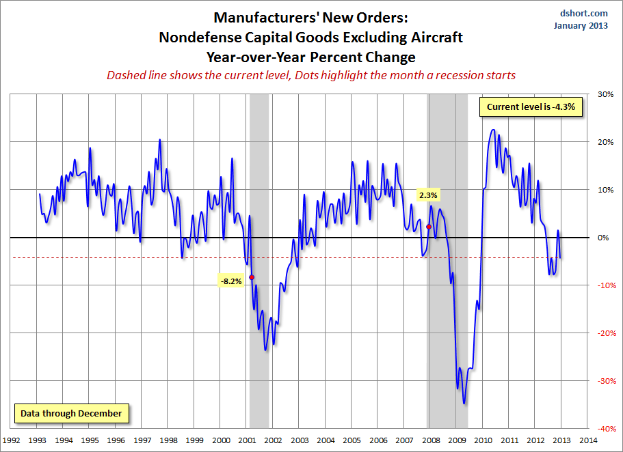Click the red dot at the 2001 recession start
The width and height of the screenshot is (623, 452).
tap(252, 277)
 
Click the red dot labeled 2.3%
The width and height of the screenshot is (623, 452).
tap(429, 227)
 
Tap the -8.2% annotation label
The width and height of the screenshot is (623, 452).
tap(231, 281)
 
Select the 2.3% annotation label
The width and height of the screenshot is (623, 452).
tap(428, 195)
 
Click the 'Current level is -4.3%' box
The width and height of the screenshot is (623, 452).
tap(531, 107)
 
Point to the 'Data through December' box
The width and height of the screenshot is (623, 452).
tap(71, 413)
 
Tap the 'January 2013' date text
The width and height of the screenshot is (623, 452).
tap(581, 25)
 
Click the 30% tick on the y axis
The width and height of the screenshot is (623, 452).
tap(605, 94)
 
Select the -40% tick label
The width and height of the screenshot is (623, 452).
tap(604, 428)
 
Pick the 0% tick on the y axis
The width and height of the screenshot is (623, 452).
tap(604, 238)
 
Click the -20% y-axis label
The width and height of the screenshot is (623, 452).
tap(604, 333)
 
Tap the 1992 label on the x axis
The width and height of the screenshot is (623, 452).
tap(12, 440)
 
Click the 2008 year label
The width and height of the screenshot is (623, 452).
tap(429, 440)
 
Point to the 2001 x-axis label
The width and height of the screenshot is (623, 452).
tap(247, 440)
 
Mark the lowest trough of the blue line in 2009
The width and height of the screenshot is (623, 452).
tap(464, 404)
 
